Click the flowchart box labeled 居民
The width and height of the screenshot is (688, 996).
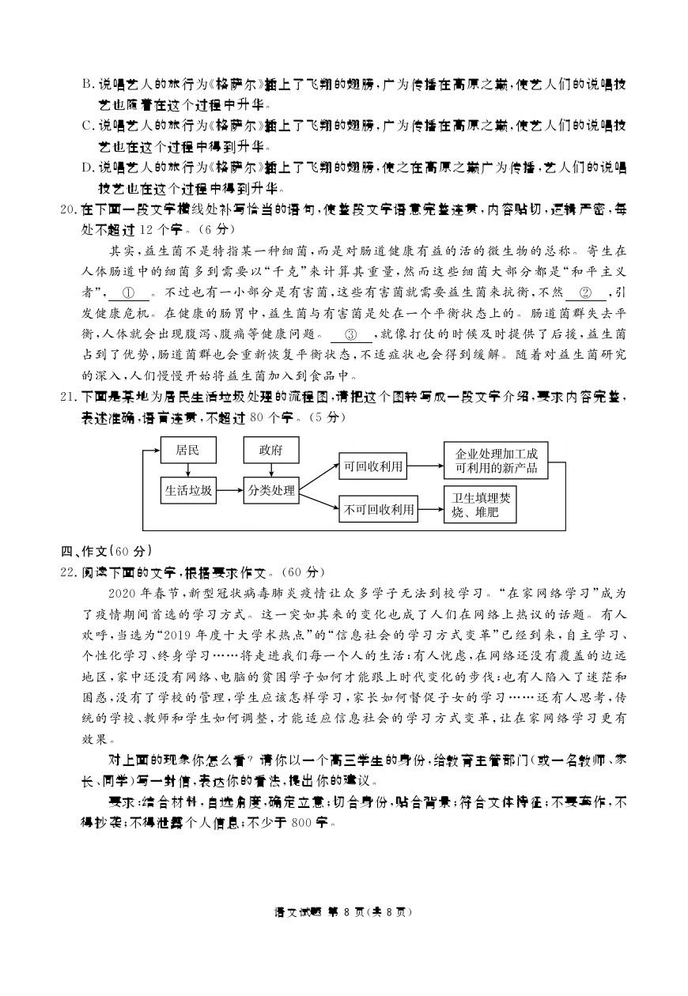188,451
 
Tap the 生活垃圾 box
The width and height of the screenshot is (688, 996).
188,491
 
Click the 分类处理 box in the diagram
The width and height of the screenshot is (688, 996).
270,491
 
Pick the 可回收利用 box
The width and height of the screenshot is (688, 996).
372,466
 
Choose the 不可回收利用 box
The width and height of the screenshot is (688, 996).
379,510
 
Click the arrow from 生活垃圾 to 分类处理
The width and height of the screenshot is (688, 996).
229,491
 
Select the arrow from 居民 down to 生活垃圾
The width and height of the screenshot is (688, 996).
188,470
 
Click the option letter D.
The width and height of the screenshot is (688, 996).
88,168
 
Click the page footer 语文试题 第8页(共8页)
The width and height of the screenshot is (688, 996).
343,911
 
